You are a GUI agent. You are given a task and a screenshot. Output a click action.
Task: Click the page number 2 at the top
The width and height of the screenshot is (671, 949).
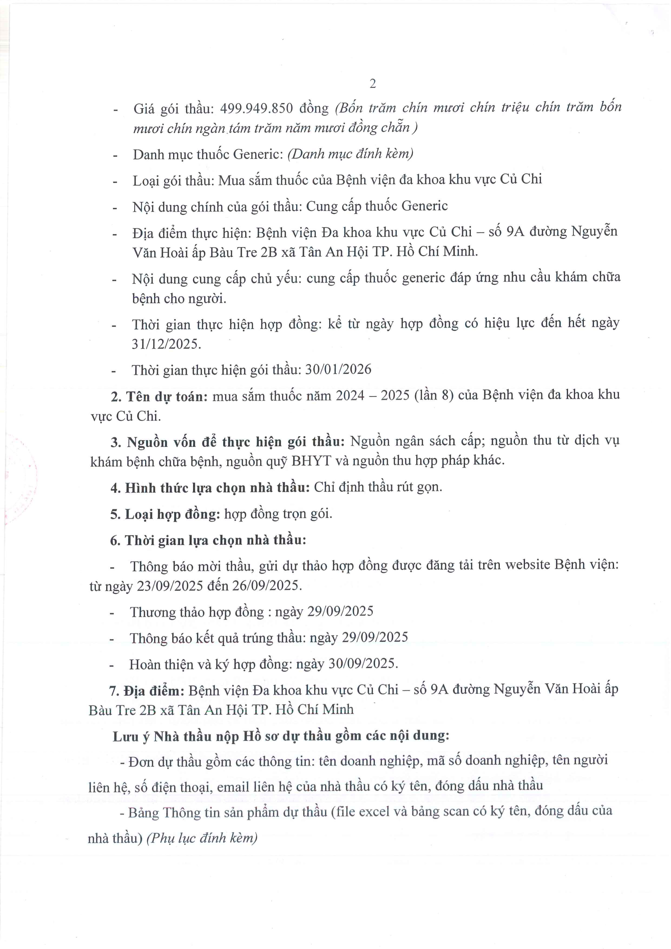373,84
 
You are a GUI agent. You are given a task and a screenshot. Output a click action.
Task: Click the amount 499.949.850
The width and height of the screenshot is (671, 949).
256,108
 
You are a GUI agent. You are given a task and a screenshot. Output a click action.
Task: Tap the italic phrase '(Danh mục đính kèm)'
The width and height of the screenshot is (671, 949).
351,154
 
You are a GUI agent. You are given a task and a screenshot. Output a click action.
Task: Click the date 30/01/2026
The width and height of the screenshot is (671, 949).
338,369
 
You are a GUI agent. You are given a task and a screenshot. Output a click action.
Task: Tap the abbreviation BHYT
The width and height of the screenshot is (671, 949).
311,460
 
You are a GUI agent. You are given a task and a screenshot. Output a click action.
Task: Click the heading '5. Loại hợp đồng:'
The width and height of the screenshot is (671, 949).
165,514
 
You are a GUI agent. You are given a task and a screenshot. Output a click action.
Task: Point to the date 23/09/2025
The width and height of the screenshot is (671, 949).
170,586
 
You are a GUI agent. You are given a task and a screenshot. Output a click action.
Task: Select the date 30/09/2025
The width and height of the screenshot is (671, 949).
363,664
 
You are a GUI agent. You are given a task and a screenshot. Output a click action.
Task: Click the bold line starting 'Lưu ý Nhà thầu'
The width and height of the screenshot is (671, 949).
281,736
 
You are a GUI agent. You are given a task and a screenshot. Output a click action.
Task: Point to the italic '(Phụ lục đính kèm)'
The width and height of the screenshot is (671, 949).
202,838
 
